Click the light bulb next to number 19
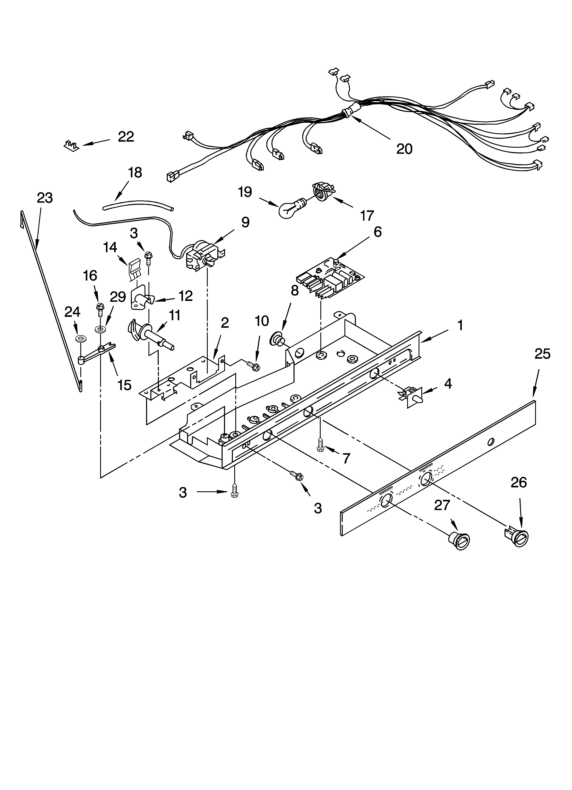[x=290, y=208]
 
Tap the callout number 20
[x=404, y=149]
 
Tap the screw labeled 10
[x=253, y=366]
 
